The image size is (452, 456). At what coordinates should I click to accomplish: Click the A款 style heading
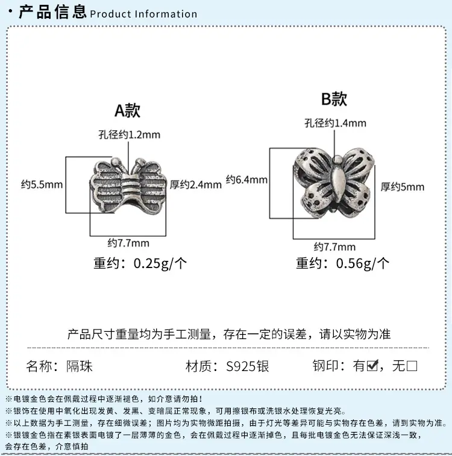click(x=127, y=110)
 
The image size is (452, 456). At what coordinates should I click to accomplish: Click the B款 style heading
click(x=334, y=99)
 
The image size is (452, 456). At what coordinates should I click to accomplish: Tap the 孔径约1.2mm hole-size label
click(x=129, y=135)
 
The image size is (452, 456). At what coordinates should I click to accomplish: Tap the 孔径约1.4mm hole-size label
click(x=335, y=123)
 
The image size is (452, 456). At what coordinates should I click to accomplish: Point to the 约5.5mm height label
click(x=42, y=184)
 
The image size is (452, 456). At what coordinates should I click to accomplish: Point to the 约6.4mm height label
click(x=246, y=180)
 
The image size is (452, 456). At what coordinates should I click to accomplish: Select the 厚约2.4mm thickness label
click(x=196, y=184)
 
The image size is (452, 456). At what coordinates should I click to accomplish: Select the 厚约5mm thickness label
click(x=403, y=187)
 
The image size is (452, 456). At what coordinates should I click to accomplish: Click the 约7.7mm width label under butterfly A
click(x=128, y=243)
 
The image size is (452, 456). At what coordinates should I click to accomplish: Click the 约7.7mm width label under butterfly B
click(x=334, y=247)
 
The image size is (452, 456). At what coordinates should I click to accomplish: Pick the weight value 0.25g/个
click(x=160, y=263)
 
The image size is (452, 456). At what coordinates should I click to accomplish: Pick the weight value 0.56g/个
click(x=362, y=263)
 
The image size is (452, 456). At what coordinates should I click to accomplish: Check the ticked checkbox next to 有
click(x=372, y=366)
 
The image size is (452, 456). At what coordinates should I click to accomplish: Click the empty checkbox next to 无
click(x=412, y=366)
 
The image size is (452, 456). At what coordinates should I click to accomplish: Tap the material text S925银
click(x=248, y=366)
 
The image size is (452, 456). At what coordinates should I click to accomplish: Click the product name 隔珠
click(x=80, y=366)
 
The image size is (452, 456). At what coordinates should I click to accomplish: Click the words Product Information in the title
click(x=143, y=14)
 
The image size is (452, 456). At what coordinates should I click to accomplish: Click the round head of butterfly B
click(x=337, y=160)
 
